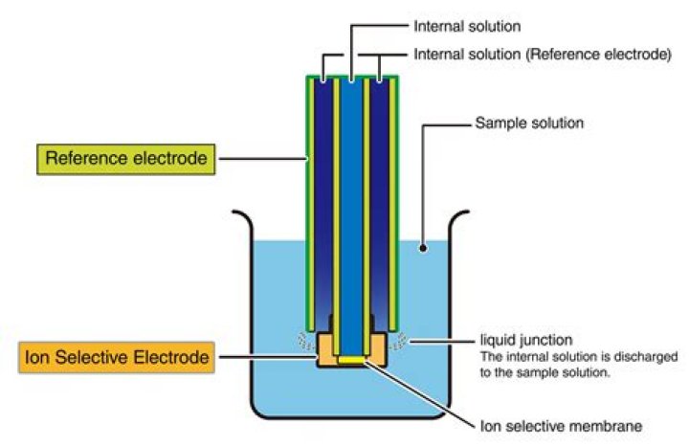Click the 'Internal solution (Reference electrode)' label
point(541,55)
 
